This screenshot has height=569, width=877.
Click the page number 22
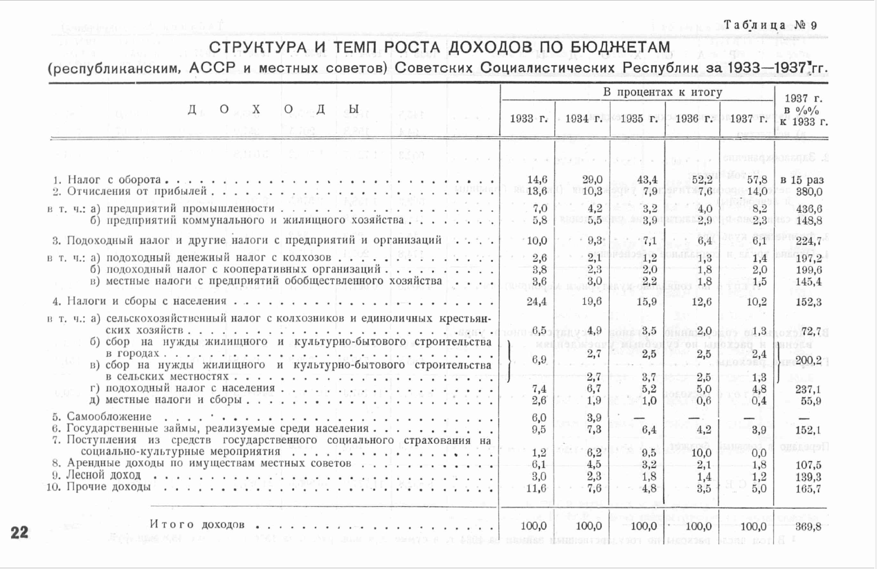(x=19, y=532)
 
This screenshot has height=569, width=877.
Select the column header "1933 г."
(x=528, y=118)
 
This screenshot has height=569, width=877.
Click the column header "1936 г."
(x=693, y=118)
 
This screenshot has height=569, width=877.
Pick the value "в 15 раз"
(x=804, y=180)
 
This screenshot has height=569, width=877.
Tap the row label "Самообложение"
(x=109, y=417)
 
